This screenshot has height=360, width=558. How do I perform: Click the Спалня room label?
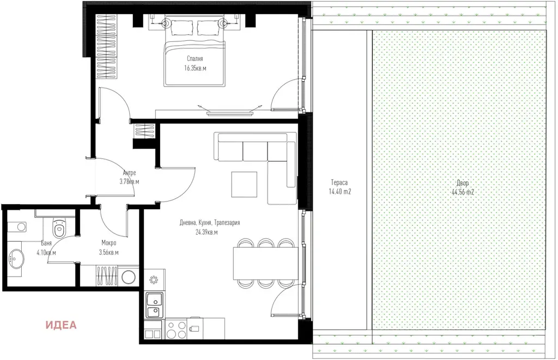[195, 59]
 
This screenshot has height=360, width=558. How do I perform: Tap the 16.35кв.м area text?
[195, 68]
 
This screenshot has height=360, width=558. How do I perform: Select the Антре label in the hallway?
[129, 173]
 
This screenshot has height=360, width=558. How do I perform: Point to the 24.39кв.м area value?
[207, 233]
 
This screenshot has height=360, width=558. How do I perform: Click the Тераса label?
[339, 182]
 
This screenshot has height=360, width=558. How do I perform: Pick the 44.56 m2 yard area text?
[463, 192]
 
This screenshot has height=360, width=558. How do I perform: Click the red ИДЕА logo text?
[61, 325]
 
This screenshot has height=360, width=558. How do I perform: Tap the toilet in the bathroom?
[59, 228]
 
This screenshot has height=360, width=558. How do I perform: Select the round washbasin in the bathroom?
[15, 257]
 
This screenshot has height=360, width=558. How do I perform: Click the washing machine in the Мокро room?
[128, 277]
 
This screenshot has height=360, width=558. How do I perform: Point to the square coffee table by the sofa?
[244, 184]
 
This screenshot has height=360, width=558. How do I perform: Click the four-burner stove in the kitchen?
[176, 330]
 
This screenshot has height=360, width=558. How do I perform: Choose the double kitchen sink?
[154, 305]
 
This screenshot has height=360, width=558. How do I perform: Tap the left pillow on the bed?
[182, 27]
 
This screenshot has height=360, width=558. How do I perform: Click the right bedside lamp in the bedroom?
[223, 24]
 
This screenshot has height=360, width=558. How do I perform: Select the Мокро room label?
[108, 243]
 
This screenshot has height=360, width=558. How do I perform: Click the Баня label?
[46, 243]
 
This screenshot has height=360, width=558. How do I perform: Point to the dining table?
[265, 263]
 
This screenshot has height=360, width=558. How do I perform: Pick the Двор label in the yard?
[463, 183]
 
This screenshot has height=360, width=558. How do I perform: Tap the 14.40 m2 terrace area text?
[340, 192]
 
